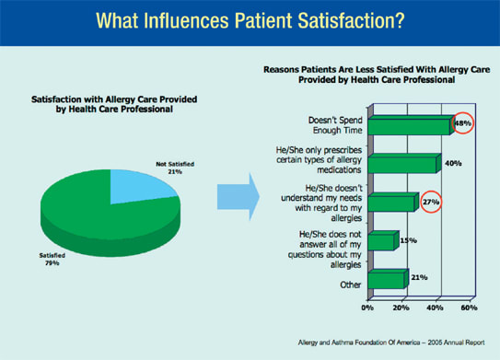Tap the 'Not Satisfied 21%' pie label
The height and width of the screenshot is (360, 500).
[175, 168]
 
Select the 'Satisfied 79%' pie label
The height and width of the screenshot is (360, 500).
[52, 260]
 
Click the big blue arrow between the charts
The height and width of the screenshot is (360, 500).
[238, 197]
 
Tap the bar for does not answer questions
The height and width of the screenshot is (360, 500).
[383, 240]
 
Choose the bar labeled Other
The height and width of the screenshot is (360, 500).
[388, 279]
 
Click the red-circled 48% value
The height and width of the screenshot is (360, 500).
[462, 123]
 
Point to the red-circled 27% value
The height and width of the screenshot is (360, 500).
[431, 202]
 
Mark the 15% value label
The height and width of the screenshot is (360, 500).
[409, 240]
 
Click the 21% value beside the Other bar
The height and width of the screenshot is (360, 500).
[419, 277]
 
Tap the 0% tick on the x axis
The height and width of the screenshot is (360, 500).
[367, 308]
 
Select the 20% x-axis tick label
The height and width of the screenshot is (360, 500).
[401, 308]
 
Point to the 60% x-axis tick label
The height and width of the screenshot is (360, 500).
[469, 308]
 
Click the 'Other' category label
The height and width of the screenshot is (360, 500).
[351, 285]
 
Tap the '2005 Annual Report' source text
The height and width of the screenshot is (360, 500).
[457, 343]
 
